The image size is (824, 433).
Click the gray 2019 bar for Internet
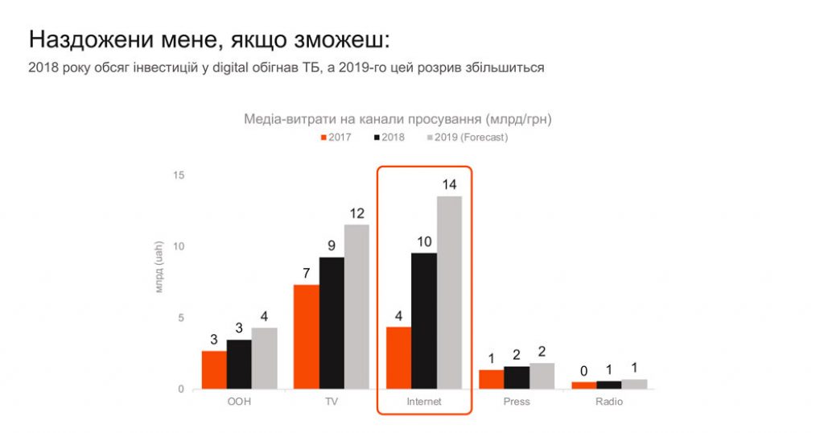(449, 292)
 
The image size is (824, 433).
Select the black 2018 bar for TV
(332, 323)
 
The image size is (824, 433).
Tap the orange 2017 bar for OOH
(214, 369)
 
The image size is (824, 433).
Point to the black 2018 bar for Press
(517, 377)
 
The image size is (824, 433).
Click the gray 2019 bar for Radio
(634, 384)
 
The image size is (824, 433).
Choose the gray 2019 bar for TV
(356, 307)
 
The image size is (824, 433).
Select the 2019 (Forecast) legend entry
(466, 138)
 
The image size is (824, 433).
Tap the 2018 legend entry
(389, 138)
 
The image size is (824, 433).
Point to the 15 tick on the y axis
(179, 175)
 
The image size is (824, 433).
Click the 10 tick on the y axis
(179, 246)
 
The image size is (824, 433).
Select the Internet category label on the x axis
(424, 402)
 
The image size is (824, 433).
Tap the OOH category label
(239, 402)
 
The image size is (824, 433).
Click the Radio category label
(609, 402)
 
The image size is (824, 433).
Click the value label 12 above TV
(356, 213)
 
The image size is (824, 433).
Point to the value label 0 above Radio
(583, 371)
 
